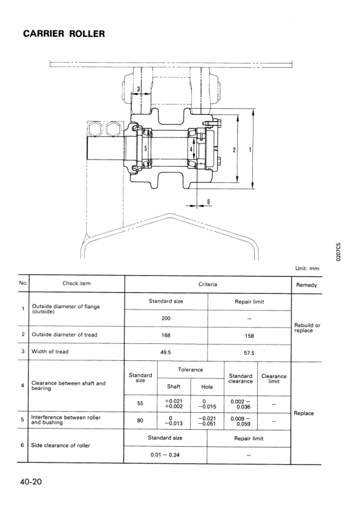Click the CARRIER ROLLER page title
[x=64, y=34]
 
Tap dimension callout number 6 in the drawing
[x=209, y=201]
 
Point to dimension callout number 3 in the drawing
[x=139, y=89]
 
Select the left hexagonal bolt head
[x=95, y=129]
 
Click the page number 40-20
[x=31, y=481]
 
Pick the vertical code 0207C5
[x=339, y=252]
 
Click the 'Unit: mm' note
[x=307, y=268]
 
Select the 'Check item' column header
[x=77, y=284]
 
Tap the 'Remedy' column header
[x=306, y=285]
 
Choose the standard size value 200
[x=166, y=318]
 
